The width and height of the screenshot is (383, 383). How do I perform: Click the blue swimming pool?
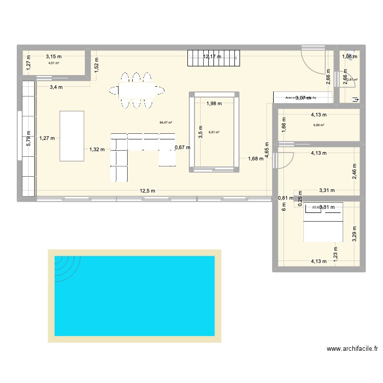tap(135, 296)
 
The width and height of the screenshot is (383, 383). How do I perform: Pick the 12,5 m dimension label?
tap(148, 191)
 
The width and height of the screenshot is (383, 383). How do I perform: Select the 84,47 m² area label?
tap(166, 123)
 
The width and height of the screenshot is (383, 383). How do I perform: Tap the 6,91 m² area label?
tap(213, 132)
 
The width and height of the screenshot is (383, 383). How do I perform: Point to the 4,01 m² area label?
tap(54, 63)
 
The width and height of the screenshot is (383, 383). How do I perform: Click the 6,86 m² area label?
tap(319, 125)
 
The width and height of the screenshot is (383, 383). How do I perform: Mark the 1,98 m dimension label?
tap(214, 104)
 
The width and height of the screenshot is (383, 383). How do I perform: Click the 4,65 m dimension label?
tap(267, 151)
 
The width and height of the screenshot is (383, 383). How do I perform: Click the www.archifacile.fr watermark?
tap(352, 349)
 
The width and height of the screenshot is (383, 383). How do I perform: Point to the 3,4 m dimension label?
tap(56, 87)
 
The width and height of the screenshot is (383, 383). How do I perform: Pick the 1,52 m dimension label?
tap(97, 64)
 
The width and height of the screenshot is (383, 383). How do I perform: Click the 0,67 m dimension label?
tap(182, 148)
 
